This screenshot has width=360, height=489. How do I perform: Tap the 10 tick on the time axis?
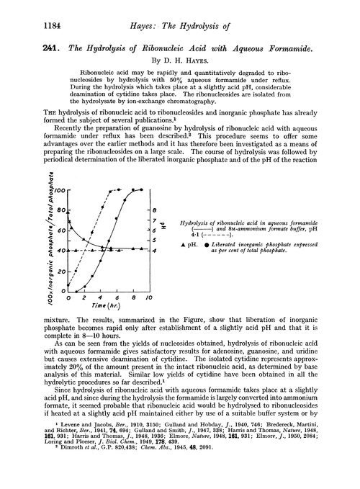click(x=150, y=297)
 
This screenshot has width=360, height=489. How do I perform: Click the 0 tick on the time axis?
click(x=76, y=297)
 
